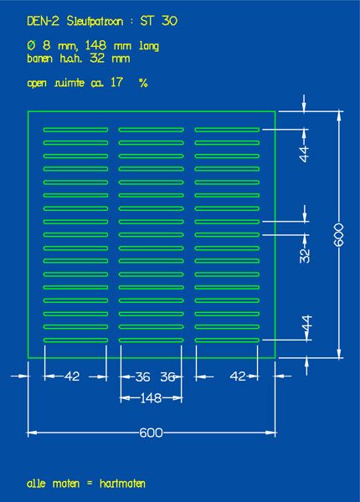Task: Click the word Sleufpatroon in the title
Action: pyautogui.click(x=95, y=22)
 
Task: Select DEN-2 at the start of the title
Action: pyautogui.click(x=43, y=21)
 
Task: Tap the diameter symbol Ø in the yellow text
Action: pyautogui.click(x=31, y=45)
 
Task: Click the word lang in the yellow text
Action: pyautogui.click(x=149, y=46)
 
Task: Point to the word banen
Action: pyautogui.click(x=39, y=59)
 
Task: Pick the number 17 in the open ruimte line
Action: pyautogui.click(x=116, y=82)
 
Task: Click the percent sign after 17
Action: pyautogui.click(x=143, y=83)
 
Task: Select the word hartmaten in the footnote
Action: pyautogui.click(x=122, y=483)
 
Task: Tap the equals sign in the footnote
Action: pyautogui.click(x=90, y=484)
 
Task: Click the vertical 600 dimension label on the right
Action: pyautogui.click(x=339, y=234)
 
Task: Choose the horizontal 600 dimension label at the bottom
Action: pyautogui.click(x=152, y=433)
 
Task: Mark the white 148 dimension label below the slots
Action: pyautogui.click(x=151, y=398)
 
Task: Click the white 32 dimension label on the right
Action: pyautogui.click(x=305, y=255)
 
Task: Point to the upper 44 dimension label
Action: pyautogui.click(x=304, y=154)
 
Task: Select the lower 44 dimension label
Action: pyautogui.click(x=306, y=323)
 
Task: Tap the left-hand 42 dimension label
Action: pyautogui.click(x=72, y=376)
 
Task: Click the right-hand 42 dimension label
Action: pyautogui.click(x=238, y=376)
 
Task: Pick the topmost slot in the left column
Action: pyautogui.click(x=75, y=130)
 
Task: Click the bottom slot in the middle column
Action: pyautogui.click(x=152, y=341)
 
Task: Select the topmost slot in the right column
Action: pyautogui.click(x=227, y=130)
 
